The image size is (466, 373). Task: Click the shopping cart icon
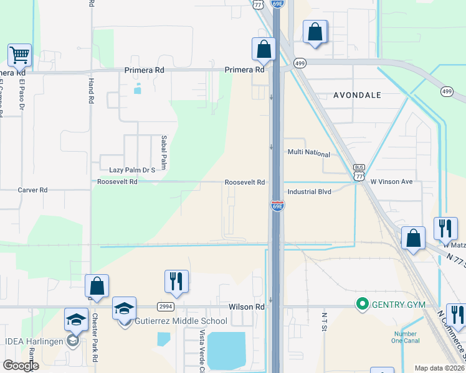(20, 55)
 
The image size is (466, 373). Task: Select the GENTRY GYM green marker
(361, 304)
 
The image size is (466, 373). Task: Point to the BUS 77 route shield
(359, 172)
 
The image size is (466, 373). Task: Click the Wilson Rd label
(247, 306)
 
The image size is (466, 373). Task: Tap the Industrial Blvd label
(309, 192)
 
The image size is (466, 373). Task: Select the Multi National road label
(308, 152)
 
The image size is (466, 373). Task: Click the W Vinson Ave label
(396, 182)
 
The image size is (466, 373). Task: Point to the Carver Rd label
(32, 190)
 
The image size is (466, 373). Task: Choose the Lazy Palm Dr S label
(132, 170)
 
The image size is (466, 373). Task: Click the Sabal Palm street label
(164, 152)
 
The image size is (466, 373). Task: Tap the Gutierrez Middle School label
(181, 321)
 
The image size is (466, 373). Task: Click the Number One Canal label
(405, 336)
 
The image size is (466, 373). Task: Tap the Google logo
(21, 366)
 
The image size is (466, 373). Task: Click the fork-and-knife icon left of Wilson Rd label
(176, 281)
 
